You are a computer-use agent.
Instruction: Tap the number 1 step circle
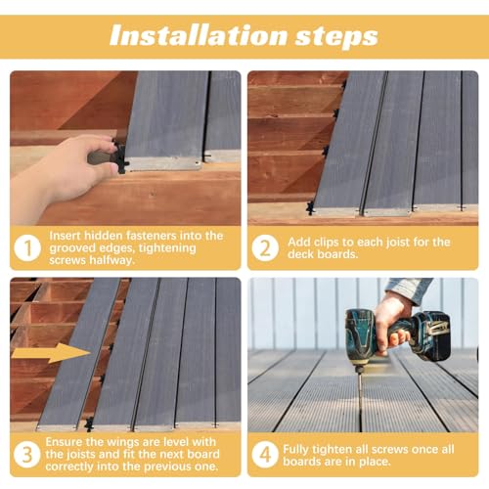tap(27, 248)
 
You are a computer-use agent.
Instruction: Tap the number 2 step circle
tap(264, 248)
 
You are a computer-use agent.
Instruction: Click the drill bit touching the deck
tap(359, 377)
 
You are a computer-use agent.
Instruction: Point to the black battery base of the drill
tap(431, 337)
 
